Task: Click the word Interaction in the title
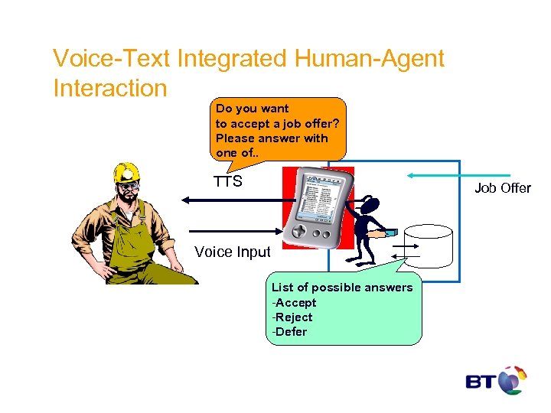(x=109, y=88)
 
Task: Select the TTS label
(x=228, y=182)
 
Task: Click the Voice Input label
(x=233, y=252)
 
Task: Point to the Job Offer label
(x=503, y=188)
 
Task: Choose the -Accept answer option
(x=295, y=302)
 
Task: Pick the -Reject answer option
(x=292, y=317)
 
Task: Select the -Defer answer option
(x=290, y=331)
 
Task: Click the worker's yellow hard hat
(x=126, y=173)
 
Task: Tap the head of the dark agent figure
(x=370, y=204)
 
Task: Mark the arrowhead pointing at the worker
(x=184, y=200)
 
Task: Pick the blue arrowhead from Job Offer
(x=410, y=175)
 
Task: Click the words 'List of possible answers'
(x=342, y=288)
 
